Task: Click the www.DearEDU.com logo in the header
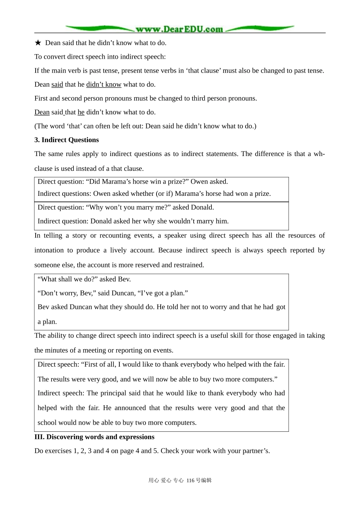click(179, 29)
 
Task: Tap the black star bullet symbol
click(38, 43)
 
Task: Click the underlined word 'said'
click(57, 84)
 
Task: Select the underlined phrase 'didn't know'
click(104, 84)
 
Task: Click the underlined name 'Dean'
click(42, 112)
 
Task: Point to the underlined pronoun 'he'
click(81, 112)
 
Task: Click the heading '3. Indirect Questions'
click(67, 140)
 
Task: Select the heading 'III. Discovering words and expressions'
click(94, 437)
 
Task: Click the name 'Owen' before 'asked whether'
click(102, 194)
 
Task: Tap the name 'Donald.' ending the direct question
click(202, 207)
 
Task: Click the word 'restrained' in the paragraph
click(188, 265)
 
